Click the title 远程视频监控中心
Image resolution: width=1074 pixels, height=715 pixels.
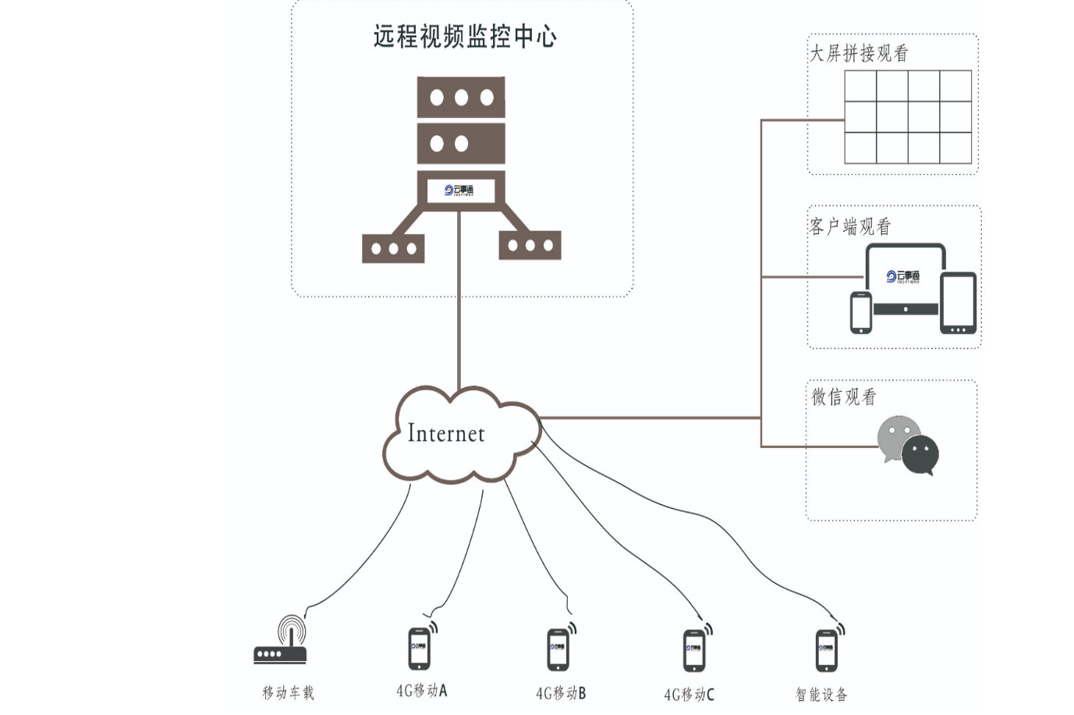465,37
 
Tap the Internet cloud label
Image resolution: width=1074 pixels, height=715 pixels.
446,433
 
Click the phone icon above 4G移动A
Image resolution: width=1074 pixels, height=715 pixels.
420,648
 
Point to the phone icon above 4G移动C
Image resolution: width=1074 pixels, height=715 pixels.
694,650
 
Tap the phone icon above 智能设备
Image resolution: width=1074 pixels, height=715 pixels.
827,650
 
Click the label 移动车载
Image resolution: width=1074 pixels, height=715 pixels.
288,692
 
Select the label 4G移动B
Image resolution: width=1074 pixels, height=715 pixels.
561,693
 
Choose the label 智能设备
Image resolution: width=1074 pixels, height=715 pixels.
821,694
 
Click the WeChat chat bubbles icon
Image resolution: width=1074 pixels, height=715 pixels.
908,446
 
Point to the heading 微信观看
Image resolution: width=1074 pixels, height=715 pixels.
844,397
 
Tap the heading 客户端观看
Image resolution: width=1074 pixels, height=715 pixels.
850,227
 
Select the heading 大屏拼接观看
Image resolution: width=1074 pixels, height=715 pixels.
859,54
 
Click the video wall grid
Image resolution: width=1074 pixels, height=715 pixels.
908,117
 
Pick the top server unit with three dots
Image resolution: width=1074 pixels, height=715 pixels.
461,98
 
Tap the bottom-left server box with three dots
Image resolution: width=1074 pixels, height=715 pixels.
393,248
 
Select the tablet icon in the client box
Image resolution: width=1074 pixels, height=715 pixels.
959,303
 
